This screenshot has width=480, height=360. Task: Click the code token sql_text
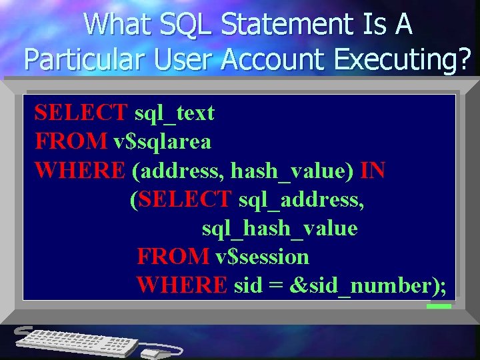(174, 113)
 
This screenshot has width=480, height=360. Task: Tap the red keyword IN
(372, 171)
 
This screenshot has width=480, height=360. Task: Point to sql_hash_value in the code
(279, 228)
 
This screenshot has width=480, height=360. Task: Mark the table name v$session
(261, 257)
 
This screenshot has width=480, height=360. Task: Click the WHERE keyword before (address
(79, 171)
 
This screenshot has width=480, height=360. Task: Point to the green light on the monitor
(439, 306)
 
